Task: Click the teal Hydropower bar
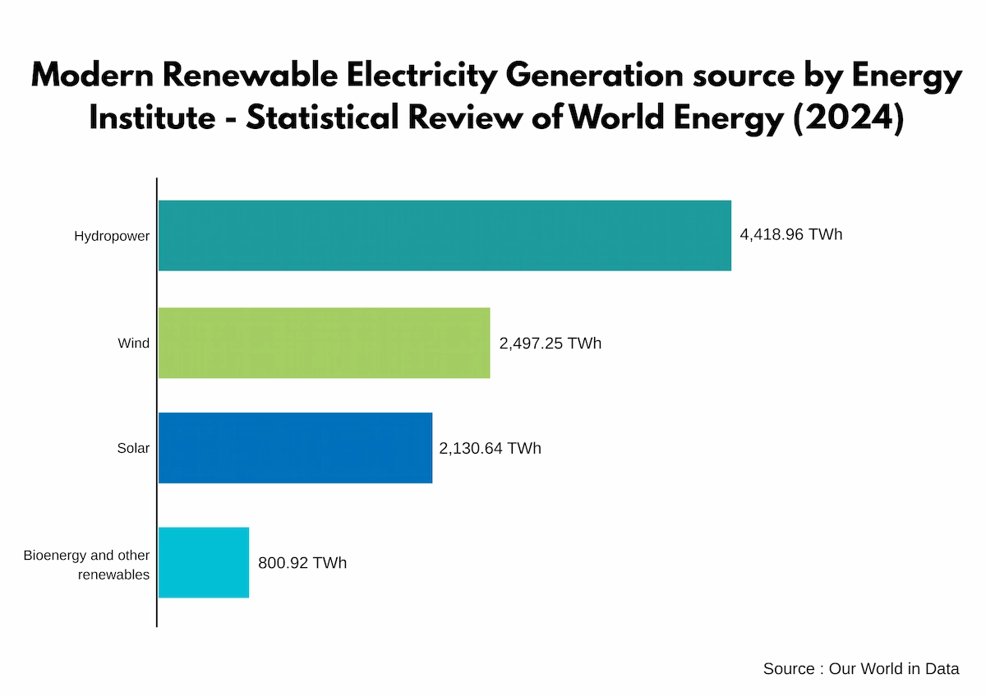point(444,235)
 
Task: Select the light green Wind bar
point(324,343)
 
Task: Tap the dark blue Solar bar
point(295,448)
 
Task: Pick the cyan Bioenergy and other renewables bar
point(203,563)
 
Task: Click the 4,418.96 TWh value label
point(791,235)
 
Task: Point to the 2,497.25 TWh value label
point(550,343)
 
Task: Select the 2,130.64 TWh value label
point(491,449)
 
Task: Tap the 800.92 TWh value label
point(302,563)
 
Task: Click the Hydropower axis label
point(112,236)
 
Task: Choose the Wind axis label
point(133,343)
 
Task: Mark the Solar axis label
point(133,449)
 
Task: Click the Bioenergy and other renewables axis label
point(86,565)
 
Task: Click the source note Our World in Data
point(860,669)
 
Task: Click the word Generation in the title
point(594,76)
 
